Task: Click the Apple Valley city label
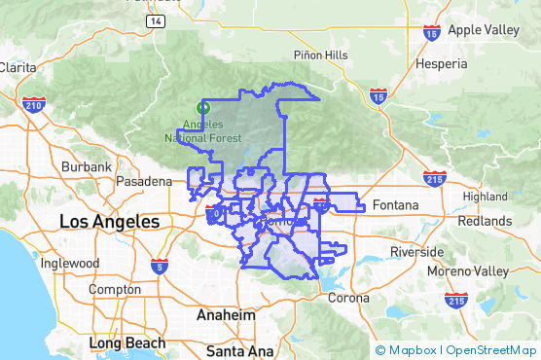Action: click(484, 30)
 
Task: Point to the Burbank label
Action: click(87, 167)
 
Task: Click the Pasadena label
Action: click(142, 181)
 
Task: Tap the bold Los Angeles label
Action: click(109, 222)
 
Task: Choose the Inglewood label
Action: click(69, 263)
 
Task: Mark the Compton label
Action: click(115, 290)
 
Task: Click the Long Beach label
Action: click(126, 343)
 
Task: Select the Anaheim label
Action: click(226, 316)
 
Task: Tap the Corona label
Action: click(347, 298)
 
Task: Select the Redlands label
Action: click(484, 221)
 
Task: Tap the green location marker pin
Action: click(203, 107)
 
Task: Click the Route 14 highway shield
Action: click(155, 19)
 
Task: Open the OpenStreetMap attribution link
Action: click(490, 350)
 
